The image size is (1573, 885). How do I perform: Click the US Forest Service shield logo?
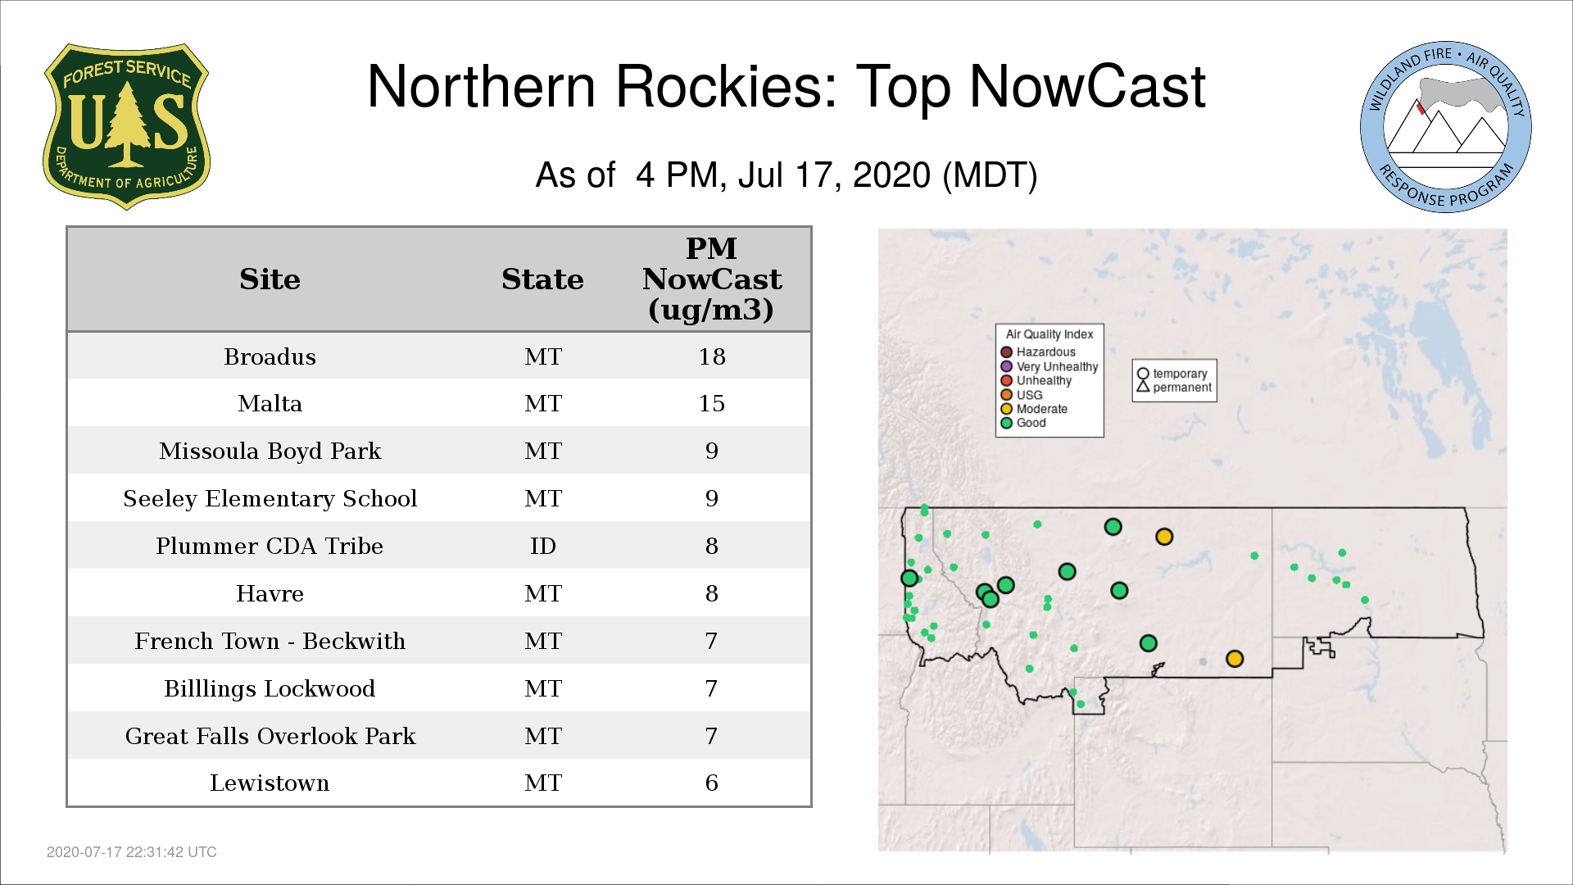126,126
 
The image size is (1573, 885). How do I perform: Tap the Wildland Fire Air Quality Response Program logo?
1446,127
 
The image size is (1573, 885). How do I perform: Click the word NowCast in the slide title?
1087,86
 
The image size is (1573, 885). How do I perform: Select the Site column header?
270,279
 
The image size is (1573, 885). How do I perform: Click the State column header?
542,279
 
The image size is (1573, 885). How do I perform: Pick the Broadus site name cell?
270,356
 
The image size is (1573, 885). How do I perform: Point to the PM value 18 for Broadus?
712,356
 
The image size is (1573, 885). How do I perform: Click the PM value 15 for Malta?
712,403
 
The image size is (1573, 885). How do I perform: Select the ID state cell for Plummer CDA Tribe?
542,546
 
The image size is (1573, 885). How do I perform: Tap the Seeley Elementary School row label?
270,498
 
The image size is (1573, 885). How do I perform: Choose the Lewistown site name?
270,783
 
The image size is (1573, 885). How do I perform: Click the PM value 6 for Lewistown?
712,783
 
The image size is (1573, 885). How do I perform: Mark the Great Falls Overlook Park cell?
270,736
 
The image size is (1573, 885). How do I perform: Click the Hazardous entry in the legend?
1038,352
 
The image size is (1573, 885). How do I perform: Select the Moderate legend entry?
1034,409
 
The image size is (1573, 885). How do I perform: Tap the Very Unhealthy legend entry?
1049,366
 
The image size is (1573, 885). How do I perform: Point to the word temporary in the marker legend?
1180,374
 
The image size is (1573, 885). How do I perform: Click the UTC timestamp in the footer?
132,852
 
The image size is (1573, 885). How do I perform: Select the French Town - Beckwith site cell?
270,641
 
